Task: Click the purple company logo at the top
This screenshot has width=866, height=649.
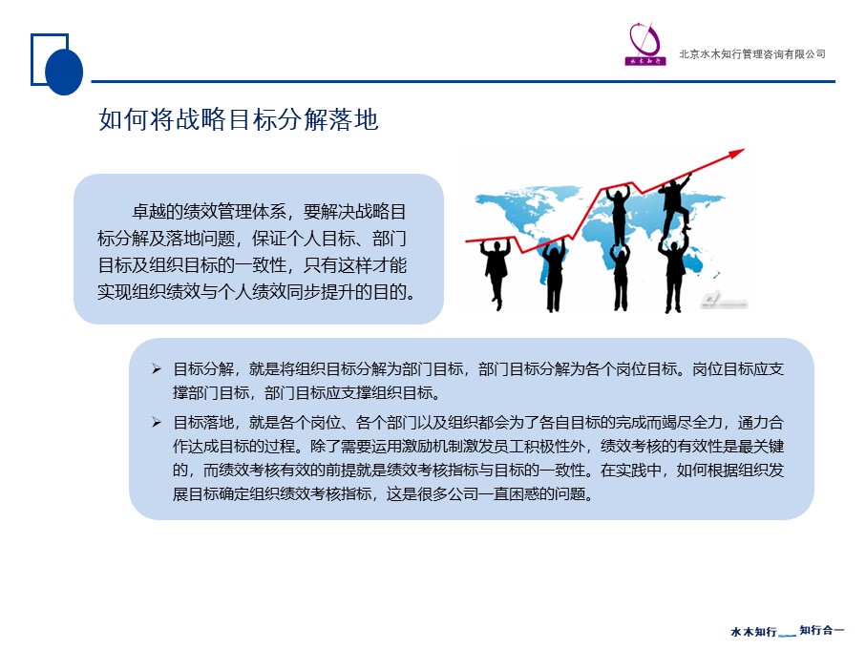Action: click(x=644, y=44)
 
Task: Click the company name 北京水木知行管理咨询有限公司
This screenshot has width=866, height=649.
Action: click(x=752, y=54)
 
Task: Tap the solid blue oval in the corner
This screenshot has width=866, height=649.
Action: click(x=64, y=72)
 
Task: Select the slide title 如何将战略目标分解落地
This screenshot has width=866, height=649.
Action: click(x=239, y=119)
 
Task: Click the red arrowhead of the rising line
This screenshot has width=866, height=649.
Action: click(x=737, y=153)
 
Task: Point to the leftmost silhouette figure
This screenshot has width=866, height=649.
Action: click(x=496, y=271)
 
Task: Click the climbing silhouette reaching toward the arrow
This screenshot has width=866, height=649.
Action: click(x=675, y=202)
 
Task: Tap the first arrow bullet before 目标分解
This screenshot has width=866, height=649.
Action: click(x=157, y=368)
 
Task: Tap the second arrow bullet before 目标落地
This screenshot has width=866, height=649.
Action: click(x=157, y=422)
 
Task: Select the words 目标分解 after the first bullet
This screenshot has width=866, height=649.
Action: click(x=203, y=368)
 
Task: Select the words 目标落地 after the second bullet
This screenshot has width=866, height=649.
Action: click(x=203, y=422)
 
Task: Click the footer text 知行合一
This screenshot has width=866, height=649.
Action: click(x=822, y=630)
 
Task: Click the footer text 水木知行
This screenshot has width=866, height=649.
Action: click(x=753, y=631)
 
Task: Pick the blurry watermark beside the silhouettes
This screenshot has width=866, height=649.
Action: click(x=724, y=301)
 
